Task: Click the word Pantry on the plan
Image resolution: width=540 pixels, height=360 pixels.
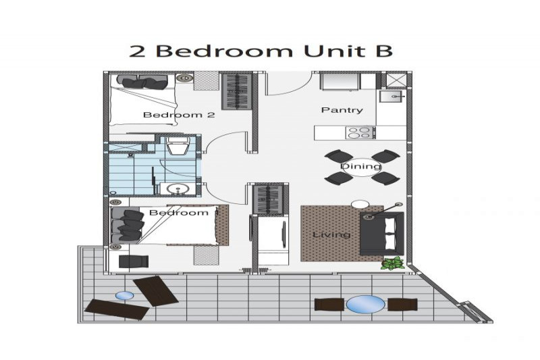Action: (x=342, y=110)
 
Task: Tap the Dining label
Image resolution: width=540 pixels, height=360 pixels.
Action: (x=361, y=166)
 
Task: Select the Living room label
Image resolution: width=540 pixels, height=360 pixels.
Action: (x=331, y=235)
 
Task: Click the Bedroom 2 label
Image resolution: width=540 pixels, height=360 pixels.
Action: (x=179, y=115)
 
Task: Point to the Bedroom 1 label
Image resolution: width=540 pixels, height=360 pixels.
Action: (x=184, y=213)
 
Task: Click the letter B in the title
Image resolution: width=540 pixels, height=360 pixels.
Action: (x=382, y=51)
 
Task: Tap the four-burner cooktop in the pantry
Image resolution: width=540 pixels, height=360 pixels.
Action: (x=360, y=132)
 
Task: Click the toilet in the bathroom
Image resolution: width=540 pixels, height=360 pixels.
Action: (x=178, y=145)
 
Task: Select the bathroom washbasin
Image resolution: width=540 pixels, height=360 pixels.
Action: (x=178, y=189)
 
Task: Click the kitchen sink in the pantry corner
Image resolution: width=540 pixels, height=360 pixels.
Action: (x=392, y=97)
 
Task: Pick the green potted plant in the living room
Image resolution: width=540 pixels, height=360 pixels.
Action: (x=393, y=263)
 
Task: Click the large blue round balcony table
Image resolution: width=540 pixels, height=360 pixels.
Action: (x=365, y=304)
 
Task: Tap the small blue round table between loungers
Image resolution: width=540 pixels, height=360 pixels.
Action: (x=124, y=296)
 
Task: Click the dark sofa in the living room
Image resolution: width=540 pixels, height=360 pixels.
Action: (x=382, y=234)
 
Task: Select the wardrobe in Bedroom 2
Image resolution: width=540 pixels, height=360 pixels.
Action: (x=237, y=92)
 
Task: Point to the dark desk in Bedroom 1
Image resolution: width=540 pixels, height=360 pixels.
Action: (x=134, y=261)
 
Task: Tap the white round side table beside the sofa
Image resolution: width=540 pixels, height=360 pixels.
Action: (x=360, y=204)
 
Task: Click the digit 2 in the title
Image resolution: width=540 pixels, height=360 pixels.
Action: (x=137, y=51)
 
